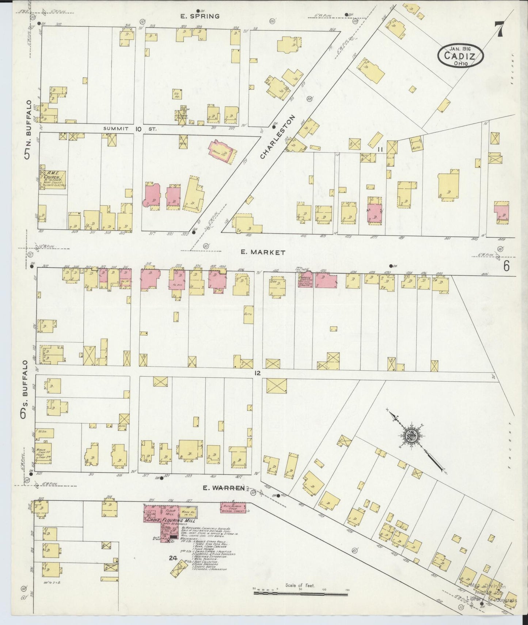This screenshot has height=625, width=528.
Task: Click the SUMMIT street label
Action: (x=116, y=129)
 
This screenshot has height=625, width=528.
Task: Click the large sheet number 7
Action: (x=499, y=29)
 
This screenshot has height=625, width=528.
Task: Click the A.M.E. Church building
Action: (x=53, y=180)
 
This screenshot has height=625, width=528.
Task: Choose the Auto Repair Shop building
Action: (x=233, y=507)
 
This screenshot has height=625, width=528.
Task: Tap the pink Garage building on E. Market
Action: (x=306, y=280)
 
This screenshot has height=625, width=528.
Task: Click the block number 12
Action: (x=258, y=373)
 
